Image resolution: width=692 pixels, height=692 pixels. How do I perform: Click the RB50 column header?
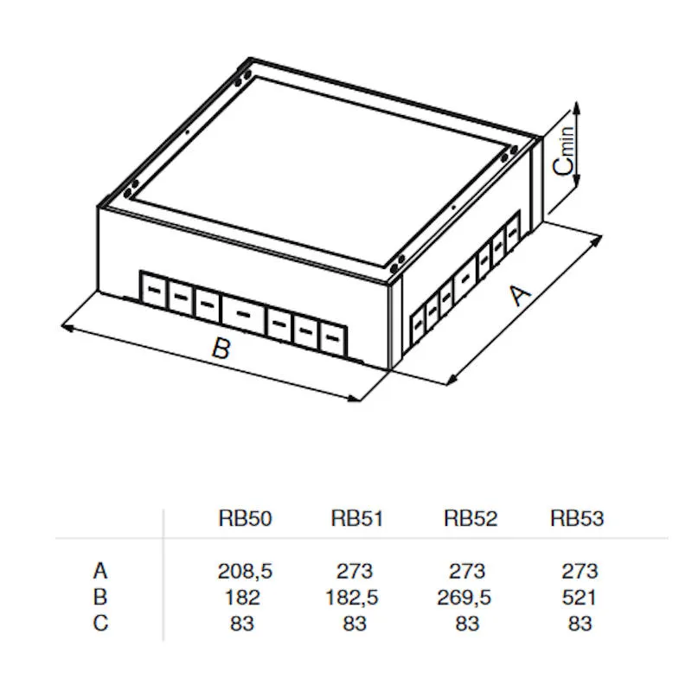click(x=245, y=519)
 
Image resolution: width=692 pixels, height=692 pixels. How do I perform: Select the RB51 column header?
click(x=356, y=519)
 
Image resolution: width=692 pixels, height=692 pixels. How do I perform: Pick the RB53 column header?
click(x=577, y=519)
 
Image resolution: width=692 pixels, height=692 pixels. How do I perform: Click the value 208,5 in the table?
click(x=245, y=571)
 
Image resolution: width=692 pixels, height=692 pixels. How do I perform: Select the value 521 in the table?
click(x=579, y=597)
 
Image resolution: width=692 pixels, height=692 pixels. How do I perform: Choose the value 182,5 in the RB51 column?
click(x=355, y=597)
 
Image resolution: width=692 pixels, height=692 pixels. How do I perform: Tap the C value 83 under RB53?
click(x=579, y=623)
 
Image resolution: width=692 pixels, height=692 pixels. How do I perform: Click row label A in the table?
click(x=100, y=571)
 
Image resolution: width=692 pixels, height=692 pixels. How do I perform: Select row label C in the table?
click(x=100, y=623)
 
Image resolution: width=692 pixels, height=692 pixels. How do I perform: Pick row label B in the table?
click(x=100, y=597)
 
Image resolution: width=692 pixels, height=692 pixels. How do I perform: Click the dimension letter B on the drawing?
click(x=221, y=349)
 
